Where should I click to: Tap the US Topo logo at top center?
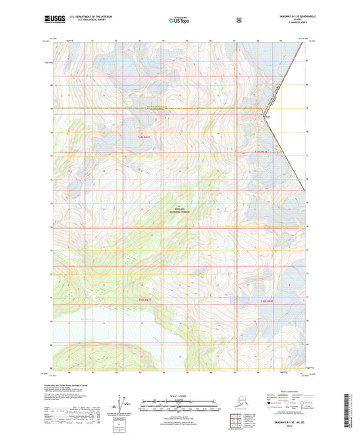coord(179,21)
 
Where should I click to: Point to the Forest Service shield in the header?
coord(238,20)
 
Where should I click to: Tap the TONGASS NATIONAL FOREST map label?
coord(179,211)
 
